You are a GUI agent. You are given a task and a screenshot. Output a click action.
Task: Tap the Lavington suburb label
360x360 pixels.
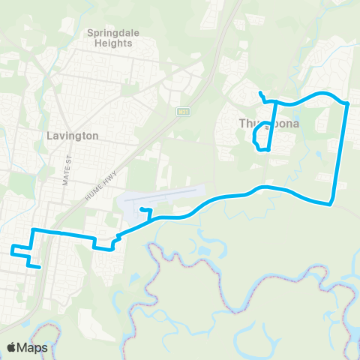click(72, 136)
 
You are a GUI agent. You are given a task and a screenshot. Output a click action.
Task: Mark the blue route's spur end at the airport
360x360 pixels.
click(141, 209)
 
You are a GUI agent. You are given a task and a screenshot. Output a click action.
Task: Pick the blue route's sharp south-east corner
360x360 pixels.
click(331, 203)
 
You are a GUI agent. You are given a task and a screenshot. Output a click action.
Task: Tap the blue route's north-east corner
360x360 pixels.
click(348, 103)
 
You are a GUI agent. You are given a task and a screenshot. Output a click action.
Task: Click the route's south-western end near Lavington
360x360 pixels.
click(38, 265)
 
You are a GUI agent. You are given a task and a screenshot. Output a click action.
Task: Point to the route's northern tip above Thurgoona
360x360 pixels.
click(259, 92)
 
